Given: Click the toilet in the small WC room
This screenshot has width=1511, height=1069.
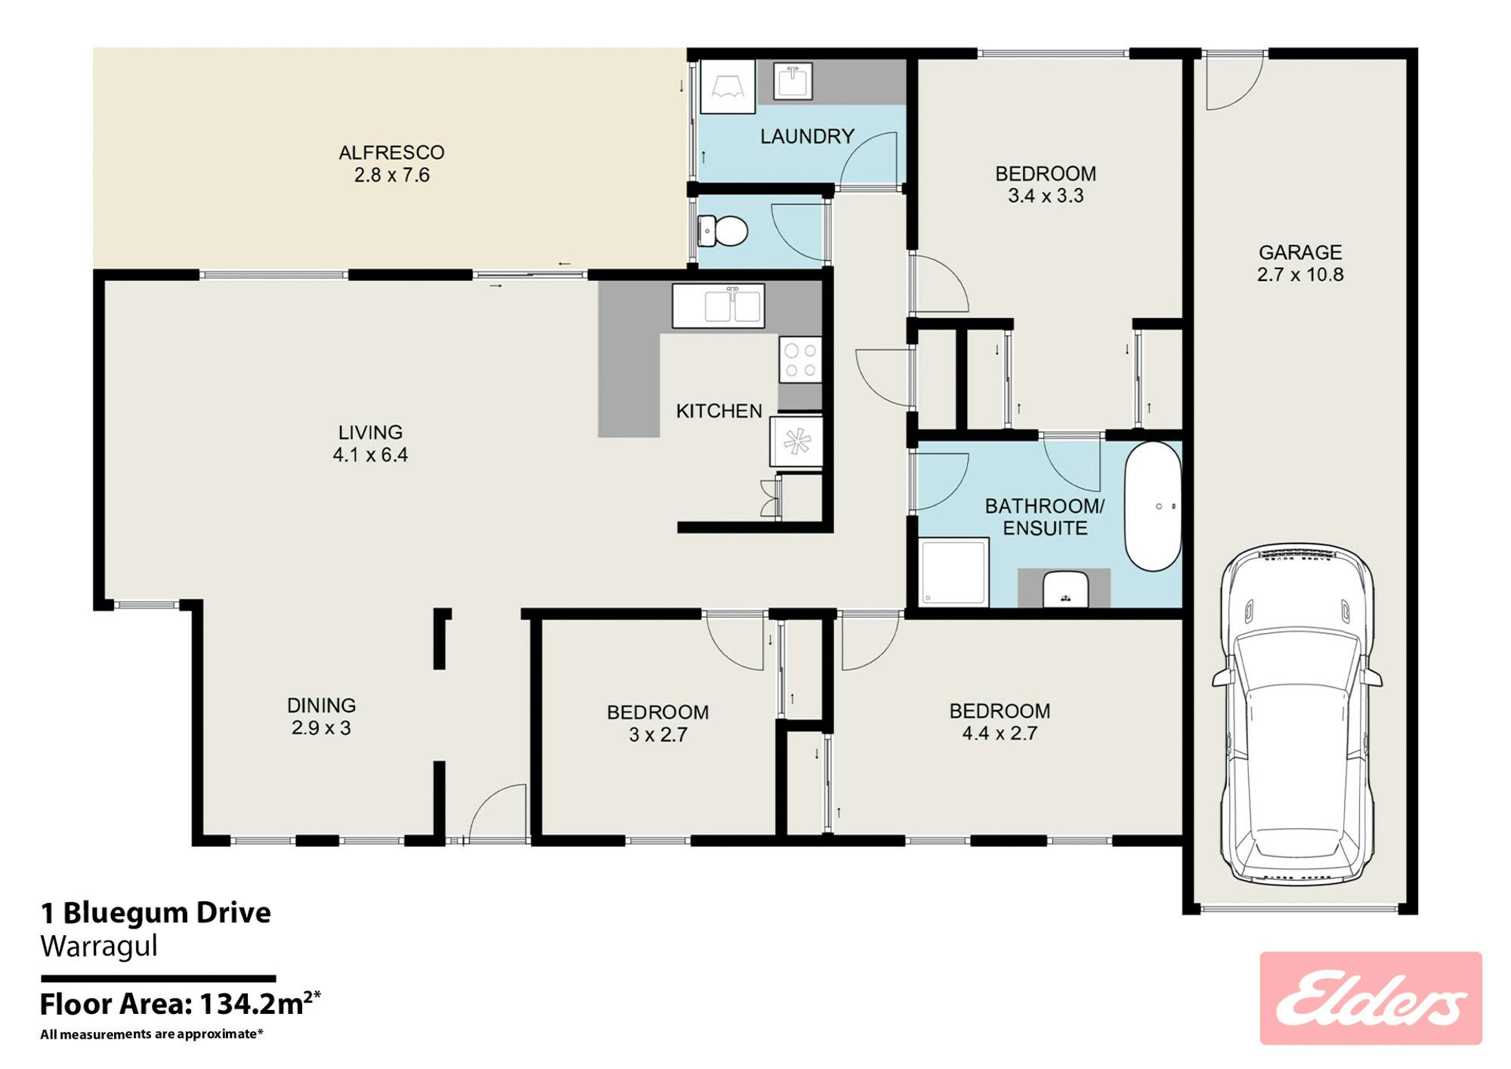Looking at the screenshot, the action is coord(722,230).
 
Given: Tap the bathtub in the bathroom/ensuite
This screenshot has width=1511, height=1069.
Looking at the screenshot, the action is coord(1153,505).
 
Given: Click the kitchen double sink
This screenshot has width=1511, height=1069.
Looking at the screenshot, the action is coord(718,305).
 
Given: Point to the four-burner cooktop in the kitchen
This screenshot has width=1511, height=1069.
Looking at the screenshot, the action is coord(800,360).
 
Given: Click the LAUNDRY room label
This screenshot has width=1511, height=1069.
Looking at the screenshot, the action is coord(807,137).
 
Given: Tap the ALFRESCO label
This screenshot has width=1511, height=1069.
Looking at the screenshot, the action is coord(391,153).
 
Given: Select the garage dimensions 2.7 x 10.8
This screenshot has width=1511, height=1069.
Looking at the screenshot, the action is coord(1300,274).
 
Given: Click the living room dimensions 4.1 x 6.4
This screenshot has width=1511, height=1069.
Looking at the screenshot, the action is coord(370,455).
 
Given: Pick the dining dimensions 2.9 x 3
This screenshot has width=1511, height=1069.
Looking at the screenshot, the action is coord(321,728).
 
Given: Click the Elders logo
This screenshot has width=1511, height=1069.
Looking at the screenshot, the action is coord(1370,998).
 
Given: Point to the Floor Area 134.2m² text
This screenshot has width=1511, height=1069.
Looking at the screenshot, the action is coord(180,1004).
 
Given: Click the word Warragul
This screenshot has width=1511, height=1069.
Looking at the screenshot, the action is coord(99,947).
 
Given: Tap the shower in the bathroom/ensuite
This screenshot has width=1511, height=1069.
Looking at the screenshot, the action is coord(954,572).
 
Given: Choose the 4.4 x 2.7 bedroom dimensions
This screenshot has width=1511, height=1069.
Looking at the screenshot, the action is coord(1000,734).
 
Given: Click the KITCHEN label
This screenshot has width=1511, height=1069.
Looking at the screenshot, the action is coord(718,411).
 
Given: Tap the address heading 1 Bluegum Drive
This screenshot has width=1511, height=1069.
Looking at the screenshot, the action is coord(156,913).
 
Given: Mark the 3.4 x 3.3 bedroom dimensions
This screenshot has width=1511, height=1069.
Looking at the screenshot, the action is coord(1046,196).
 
